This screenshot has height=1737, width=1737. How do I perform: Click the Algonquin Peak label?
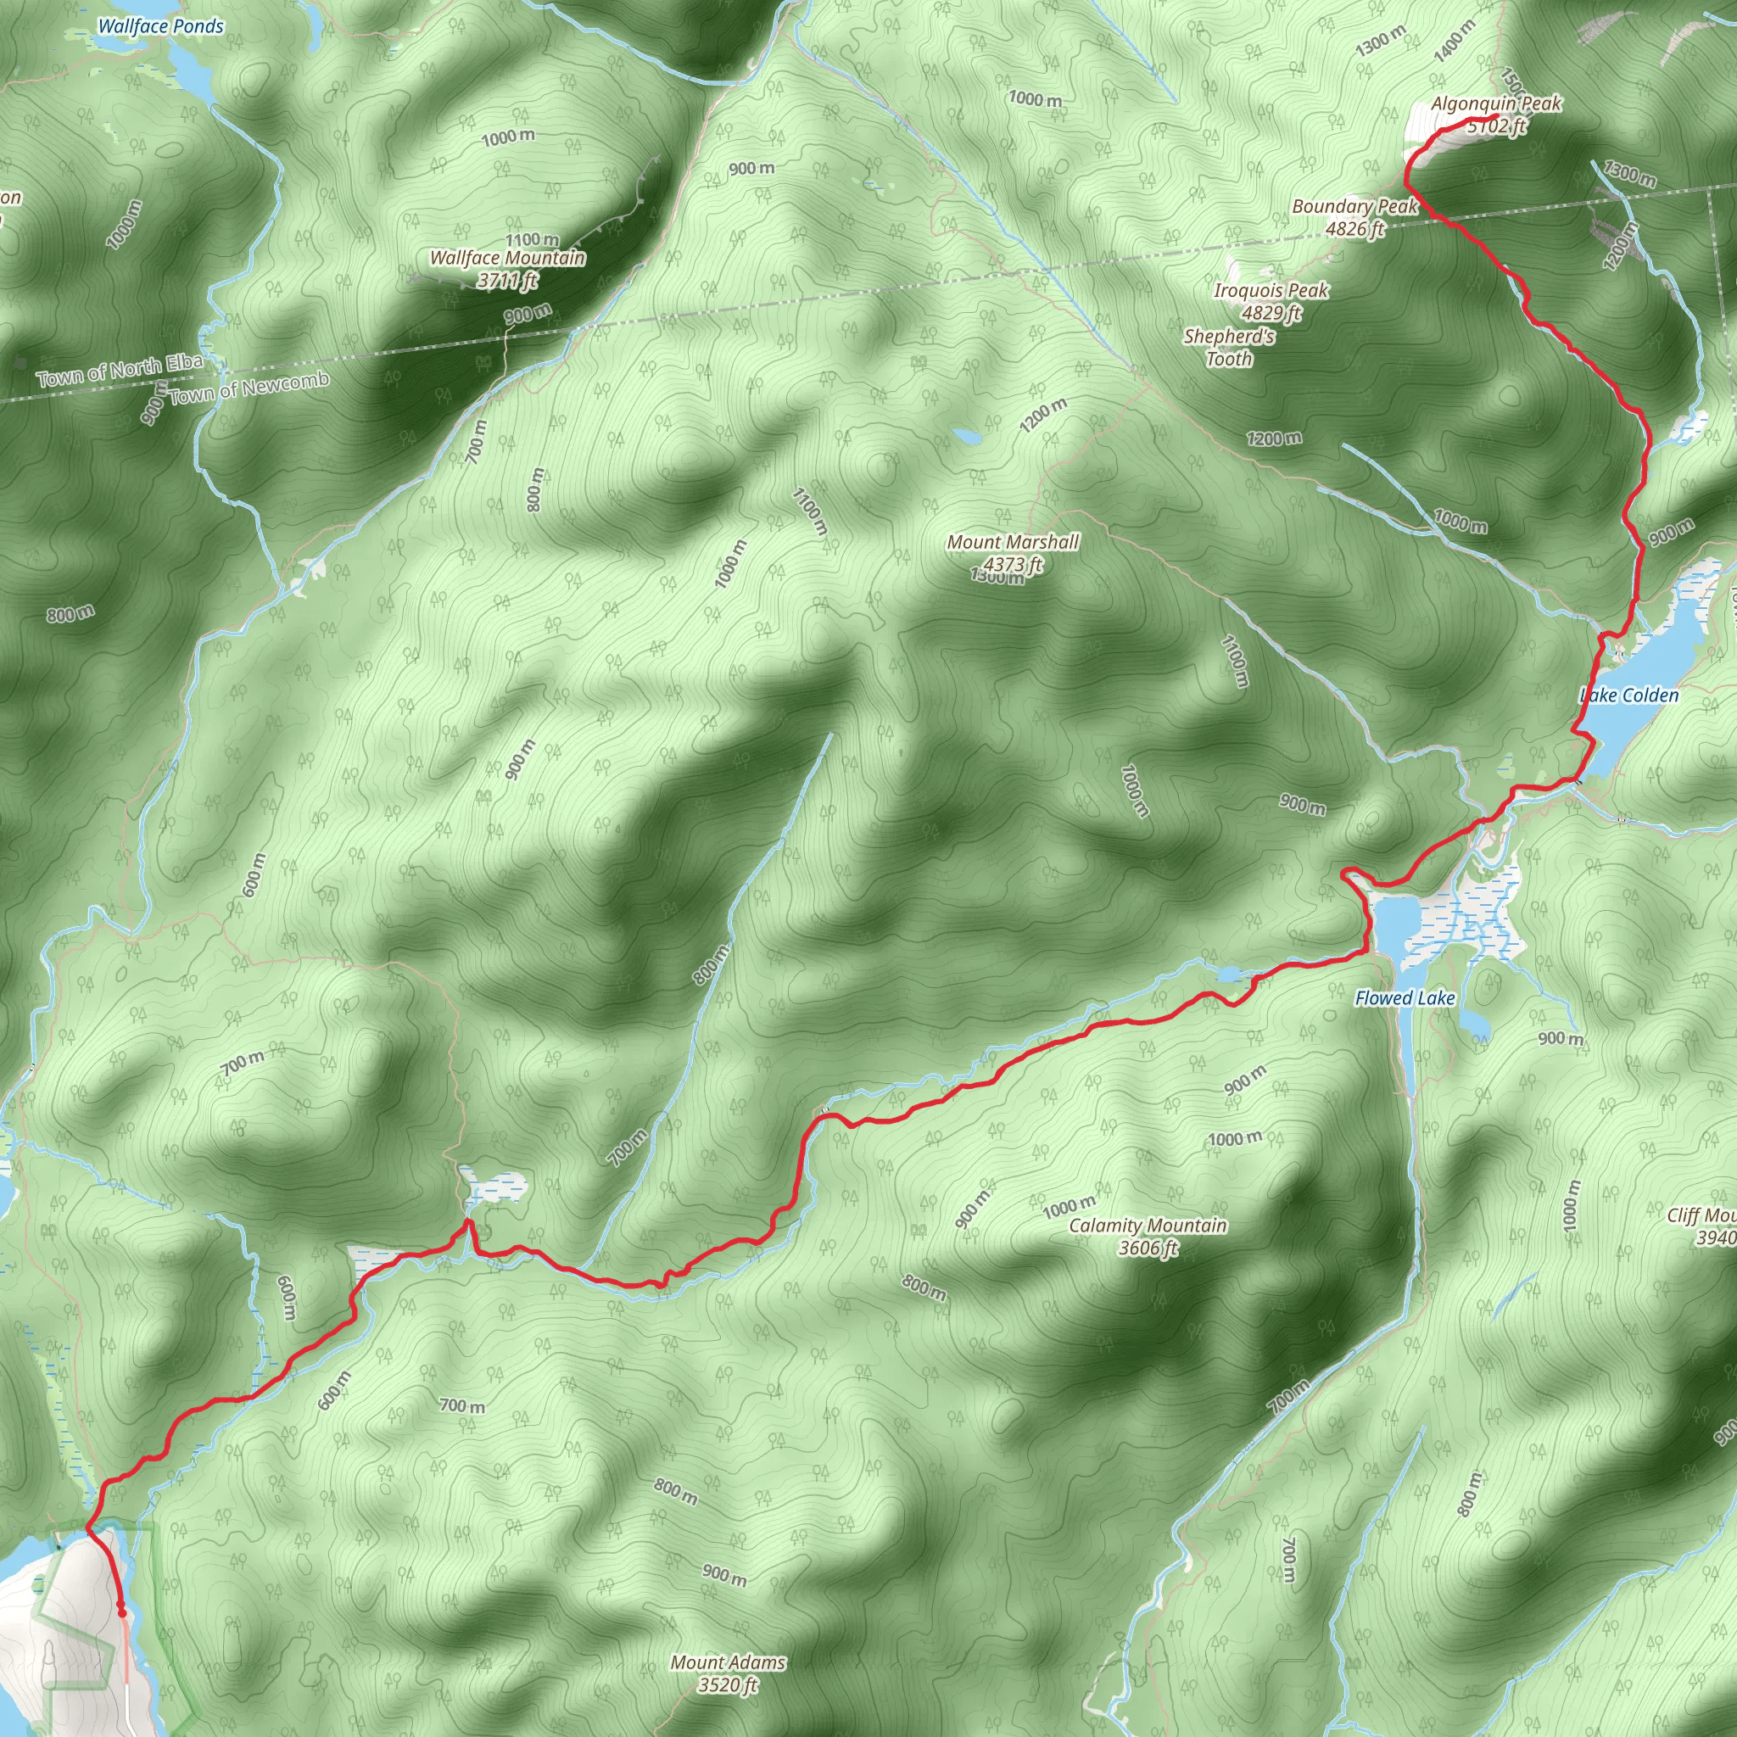tap(1496, 104)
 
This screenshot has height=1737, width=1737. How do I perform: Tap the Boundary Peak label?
tap(1354, 207)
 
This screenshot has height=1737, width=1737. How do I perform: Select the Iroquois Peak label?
tap(1271, 290)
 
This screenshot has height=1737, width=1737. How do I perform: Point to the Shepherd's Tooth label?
tap(1229, 347)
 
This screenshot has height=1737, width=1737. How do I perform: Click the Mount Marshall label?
tap(1013, 542)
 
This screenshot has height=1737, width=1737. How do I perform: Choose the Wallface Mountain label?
tap(507, 258)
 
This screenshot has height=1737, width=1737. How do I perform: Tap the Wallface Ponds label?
tap(160, 26)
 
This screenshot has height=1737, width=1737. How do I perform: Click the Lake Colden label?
tap(1629, 695)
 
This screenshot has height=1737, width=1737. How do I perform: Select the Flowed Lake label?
tap(1405, 998)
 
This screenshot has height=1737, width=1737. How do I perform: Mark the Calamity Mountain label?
tap(1148, 1226)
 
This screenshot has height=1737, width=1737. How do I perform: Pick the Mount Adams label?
tap(728, 1662)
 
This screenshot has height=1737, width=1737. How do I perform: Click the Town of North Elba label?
tap(120, 371)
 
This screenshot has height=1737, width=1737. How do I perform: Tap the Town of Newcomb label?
tap(249, 388)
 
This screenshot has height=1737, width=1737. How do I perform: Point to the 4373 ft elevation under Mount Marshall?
tap(1013, 565)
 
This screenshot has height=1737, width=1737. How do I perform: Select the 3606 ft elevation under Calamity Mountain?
tap(1148, 1248)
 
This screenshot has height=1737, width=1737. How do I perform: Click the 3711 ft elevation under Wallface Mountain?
tap(507, 281)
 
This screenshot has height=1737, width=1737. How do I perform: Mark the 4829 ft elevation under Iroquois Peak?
tap(1271, 313)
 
